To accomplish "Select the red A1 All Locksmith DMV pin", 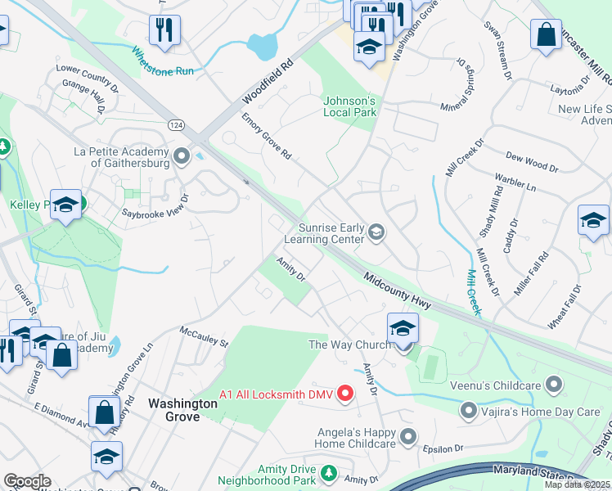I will (x=345, y=394).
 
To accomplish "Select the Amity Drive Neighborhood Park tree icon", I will (x=328, y=473).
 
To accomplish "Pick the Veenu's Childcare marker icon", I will (x=555, y=383).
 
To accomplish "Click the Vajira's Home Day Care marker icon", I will (x=469, y=409).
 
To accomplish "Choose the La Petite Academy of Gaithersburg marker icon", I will (x=182, y=154).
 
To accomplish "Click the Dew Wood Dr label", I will (x=532, y=161).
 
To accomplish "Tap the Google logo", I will (x=27, y=481).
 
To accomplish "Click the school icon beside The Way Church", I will (x=403, y=329).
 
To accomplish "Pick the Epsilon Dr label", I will (x=443, y=449).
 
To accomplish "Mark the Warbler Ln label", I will (x=515, y=182).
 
